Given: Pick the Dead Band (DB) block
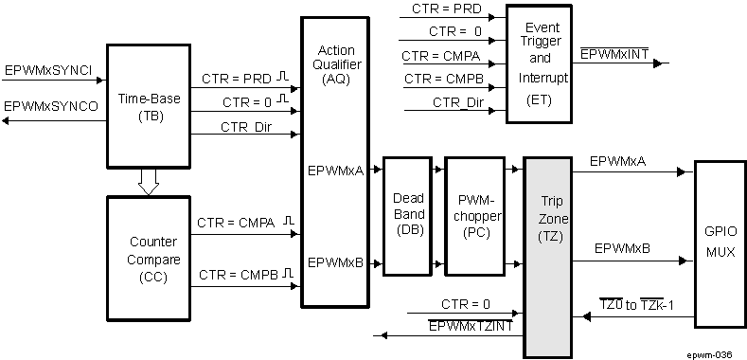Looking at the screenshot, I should pyautogui.click(x=409, y=214).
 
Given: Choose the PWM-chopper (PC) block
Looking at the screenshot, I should pyautogui.click(x=473, y=214).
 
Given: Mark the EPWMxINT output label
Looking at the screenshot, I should pyautogui.click(x=614, y=54).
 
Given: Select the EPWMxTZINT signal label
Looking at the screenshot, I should pyautogui.click(x=471, y=326).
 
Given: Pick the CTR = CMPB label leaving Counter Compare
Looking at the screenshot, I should pyautogui.click(x=238, y=276).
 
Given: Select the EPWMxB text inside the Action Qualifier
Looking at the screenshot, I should pyautogui.click(x=335, y=262).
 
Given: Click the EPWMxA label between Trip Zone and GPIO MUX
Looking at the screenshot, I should pyautogui.click(x=617, y=162).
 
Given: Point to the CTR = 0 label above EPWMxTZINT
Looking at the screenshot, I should pyautogui.click(x=466, y=304).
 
